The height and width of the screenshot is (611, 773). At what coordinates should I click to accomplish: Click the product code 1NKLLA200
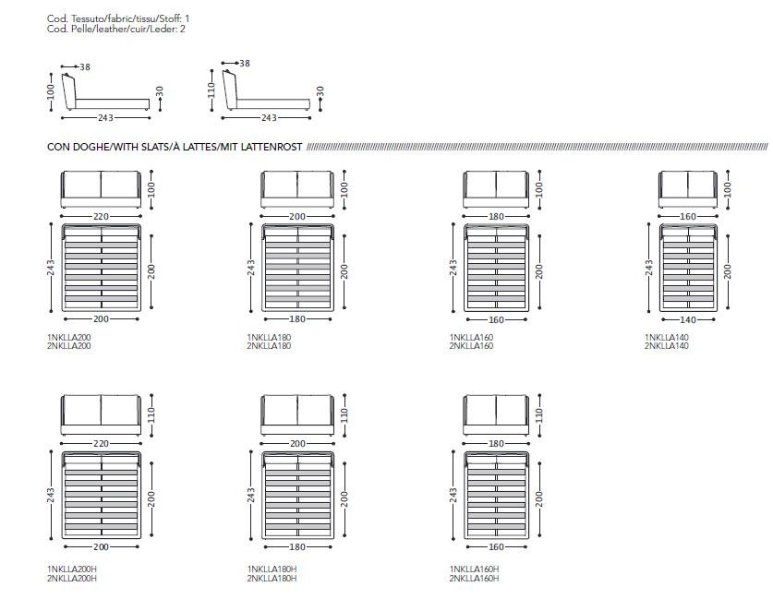[69, 338]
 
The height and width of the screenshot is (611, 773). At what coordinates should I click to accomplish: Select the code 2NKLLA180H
[272, 578]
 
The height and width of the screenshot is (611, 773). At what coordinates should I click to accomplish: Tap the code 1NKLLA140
[667, 338]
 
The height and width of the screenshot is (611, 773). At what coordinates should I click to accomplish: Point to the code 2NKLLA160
[471, 346]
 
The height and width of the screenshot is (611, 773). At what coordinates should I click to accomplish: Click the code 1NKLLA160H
[474, 569]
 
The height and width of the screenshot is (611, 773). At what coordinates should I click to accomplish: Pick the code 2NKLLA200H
[72, 578]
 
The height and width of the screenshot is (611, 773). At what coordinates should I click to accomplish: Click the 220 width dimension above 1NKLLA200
[101, 216]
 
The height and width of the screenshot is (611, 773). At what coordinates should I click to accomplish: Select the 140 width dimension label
[688, 319]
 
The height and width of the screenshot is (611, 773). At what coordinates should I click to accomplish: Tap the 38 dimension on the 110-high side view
[245, 64]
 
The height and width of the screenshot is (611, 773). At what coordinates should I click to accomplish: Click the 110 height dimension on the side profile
[211, 90]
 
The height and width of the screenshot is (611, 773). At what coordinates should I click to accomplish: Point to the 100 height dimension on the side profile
[51, 92]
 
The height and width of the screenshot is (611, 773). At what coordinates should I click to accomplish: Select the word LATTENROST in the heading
[272, 147]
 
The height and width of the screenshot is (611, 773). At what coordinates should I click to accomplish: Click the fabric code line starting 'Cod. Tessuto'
[118, 18]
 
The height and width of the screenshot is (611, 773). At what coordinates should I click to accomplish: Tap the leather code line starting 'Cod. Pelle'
[116, 29]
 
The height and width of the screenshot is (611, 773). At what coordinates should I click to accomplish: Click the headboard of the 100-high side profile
[69, 91]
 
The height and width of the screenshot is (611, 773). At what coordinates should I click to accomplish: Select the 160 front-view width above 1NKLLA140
[688, 216]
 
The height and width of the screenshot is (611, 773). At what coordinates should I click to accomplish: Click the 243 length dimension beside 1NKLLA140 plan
[649, 268]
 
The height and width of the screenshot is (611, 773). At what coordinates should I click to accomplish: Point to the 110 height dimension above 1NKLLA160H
[539, 415]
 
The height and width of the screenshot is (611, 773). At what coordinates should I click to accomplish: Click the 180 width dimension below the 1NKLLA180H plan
[297, 547]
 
